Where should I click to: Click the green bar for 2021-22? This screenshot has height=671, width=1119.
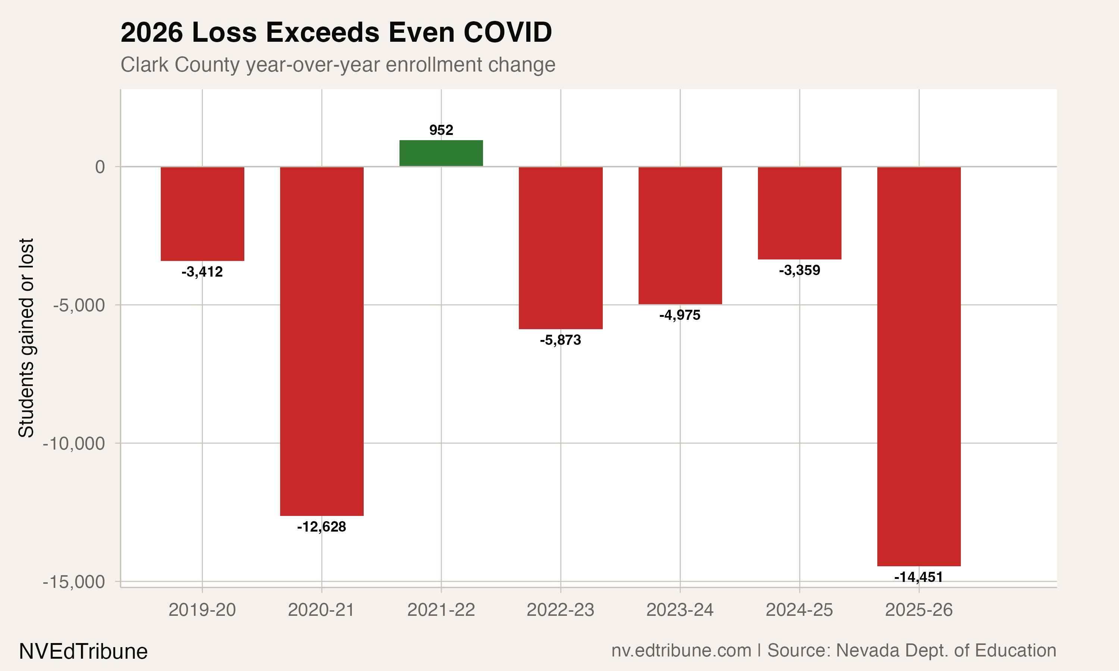pyautogui.click(x=441, y=153)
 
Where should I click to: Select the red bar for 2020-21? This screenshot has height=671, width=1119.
pyautogui.click(x=322, y=341)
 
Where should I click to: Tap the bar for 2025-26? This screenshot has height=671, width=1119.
pyautogui.click(x=919, y=366)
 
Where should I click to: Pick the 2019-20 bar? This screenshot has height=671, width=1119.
pyautogui.click(x=202, y=214)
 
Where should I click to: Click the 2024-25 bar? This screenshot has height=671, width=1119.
pyautogui.click(x=799, y=213)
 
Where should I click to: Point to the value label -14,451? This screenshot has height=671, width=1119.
pyautogui.click(x=919, y=577)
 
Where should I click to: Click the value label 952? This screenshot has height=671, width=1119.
pyautogui.click(x=441, y=130)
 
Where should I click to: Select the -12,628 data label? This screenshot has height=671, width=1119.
pyautogui.click(x=322, y=527)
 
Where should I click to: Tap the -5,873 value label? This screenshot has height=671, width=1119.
pyautogui.click(x=560, y=340)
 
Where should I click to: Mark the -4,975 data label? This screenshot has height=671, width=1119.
pyautogui.click(x=680, y=315)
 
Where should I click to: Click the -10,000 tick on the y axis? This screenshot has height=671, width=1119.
pyautogui.click(x=74, y=444)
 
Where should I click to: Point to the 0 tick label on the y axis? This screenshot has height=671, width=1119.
pyautogui.click(x=100, y=167)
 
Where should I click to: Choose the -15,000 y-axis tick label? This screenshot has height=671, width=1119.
pyautogui.click(x=74, y=582)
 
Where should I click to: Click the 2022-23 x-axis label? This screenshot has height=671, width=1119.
pyautogui.click(x=560, y=610)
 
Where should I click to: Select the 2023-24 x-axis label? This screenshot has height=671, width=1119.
pyautogui.click(x=680, y=610)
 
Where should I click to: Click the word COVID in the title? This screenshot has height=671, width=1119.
pyautogui.click(x=508, y=32)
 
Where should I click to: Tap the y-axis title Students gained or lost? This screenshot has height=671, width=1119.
pyautogui.click(x=26, y=337)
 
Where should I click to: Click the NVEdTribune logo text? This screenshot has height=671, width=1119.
pyautogui.click(x=83, y=652)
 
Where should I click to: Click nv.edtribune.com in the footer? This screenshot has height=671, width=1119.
pyautogui.click(x=681, y=650)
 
